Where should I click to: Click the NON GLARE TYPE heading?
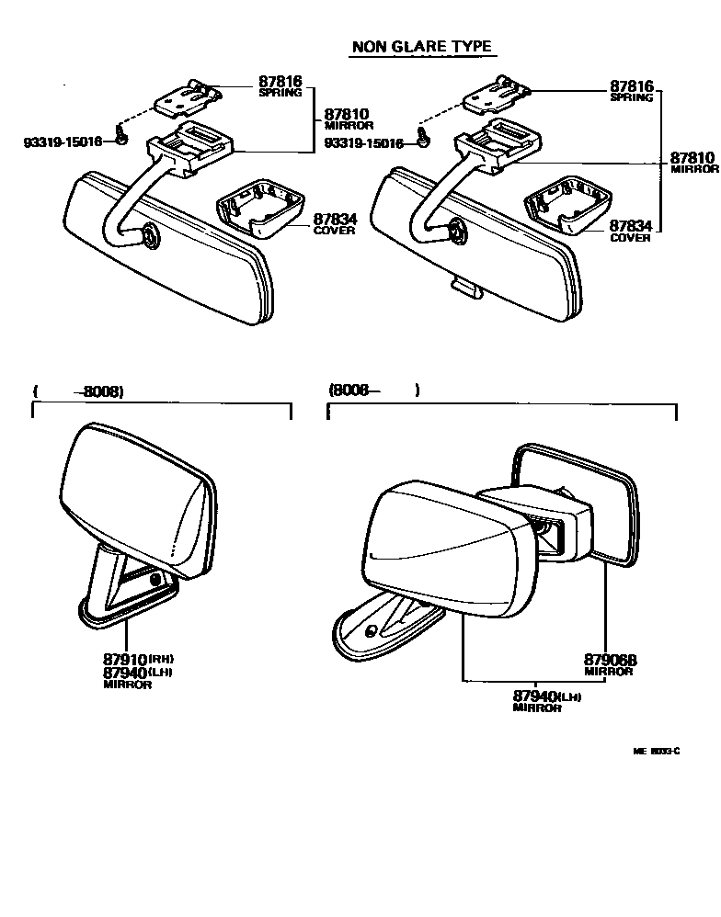click(420, 47)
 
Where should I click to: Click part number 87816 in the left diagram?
click(281, 82)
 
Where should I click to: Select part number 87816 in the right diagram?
click(631, 86)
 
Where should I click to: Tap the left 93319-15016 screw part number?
click(63, 142)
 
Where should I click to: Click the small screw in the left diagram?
click(121, 137)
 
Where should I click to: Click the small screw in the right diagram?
click(424, 138)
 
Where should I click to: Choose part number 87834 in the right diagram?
click(631, 226)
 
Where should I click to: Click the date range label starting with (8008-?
click(372, 390)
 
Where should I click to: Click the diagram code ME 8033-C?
click(656, 751)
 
